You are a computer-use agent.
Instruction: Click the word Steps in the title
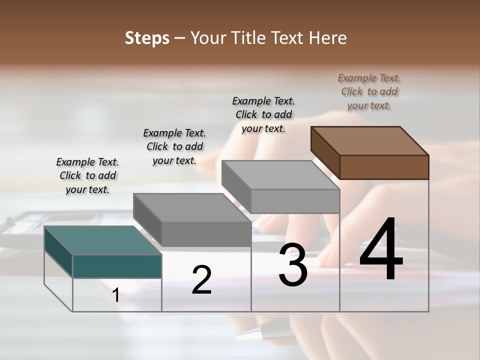tap(147, 38)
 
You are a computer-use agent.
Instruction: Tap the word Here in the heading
tap(327, 38)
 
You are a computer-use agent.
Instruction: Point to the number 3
tap(292, 265)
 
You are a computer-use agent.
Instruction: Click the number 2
tap(201, 280)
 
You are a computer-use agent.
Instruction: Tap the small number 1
tap(116, 295)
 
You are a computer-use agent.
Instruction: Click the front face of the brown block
tap(384, 167)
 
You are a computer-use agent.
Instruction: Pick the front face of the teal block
tap(117, 266)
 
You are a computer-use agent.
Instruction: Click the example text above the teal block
tap(87, 175)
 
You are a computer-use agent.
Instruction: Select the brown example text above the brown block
tap(369, 91)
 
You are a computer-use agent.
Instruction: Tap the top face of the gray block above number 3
tap(280, 175)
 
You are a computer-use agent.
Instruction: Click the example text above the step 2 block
tap(174, 146)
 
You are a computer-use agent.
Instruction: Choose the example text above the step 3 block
tap(263, 114)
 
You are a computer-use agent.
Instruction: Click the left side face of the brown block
tap(325, 152)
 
